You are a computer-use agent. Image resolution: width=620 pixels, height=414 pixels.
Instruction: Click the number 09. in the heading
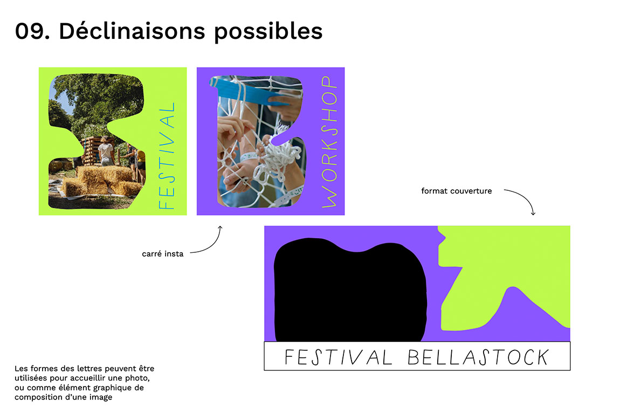(x=32, y=31)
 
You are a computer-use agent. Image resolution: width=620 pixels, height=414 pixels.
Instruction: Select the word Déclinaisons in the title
(x=132, y=30)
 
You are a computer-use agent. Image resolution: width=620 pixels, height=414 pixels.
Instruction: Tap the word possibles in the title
(x=268, y=31)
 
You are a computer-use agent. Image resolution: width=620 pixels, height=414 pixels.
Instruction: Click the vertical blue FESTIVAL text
(x=167, y=156)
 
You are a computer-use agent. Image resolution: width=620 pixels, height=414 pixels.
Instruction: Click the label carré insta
(x=162, y=254)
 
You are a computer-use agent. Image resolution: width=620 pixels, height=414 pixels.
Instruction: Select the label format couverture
(x=456, y=191)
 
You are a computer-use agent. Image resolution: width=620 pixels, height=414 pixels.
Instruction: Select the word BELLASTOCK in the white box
(x=478, y=357)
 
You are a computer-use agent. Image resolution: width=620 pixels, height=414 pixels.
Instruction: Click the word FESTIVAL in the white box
(x=338, y=357)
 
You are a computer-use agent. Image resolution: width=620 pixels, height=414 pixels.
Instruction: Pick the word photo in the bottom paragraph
(x=141, y=378)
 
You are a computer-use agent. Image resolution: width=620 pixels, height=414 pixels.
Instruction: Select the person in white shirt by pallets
(x=106, y=151)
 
